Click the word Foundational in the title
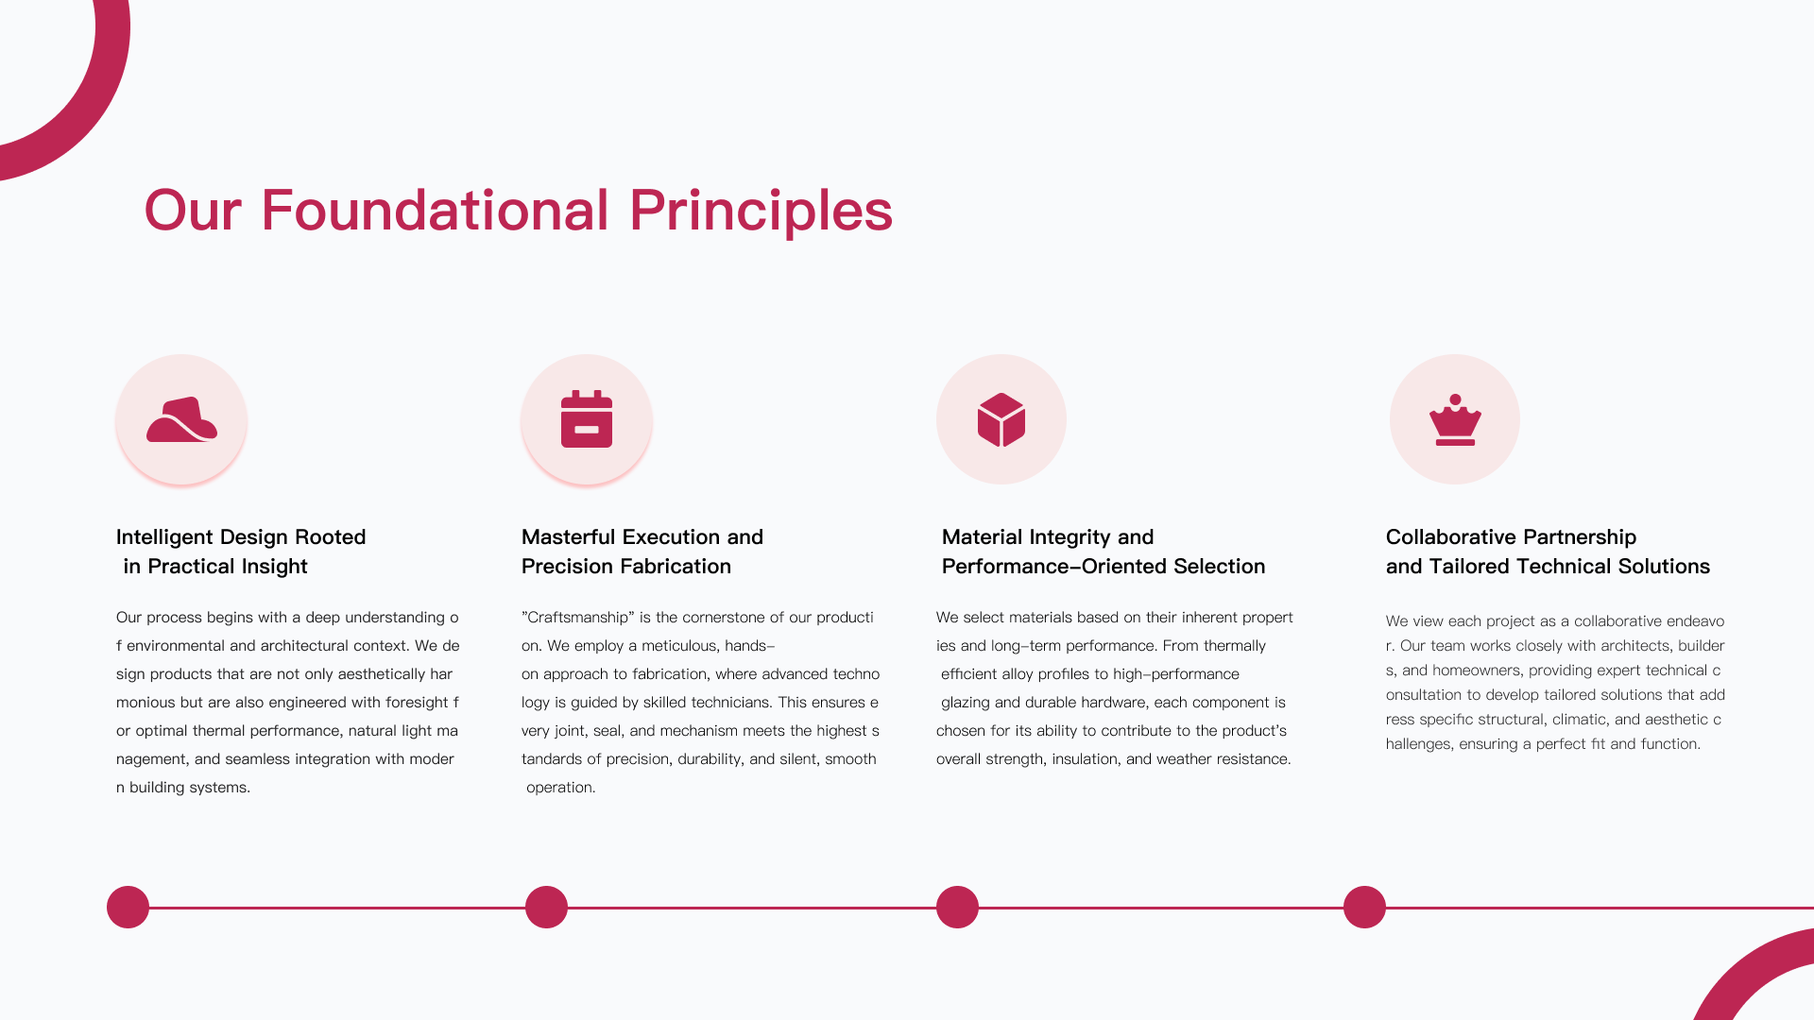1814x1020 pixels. (435, 210)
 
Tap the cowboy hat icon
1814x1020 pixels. (181, 419)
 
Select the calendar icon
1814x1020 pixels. (587, 419)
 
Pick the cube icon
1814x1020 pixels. (1001, 419)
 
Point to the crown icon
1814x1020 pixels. (1455, 419)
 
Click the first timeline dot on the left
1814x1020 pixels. (128, 907)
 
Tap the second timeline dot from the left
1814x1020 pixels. (546, 907)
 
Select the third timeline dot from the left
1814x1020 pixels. (957, 907)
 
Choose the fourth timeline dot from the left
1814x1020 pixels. (1364, 907)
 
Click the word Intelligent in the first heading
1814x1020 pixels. (164, 537)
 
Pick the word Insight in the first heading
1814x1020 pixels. (275, 567)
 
